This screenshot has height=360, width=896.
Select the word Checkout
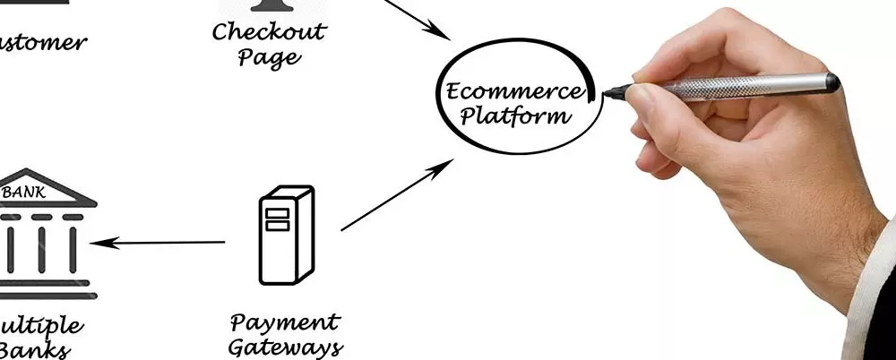(269, 32)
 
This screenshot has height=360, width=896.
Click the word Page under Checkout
(269, 59)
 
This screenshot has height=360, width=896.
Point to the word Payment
(285, 322)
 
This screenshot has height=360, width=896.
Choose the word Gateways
(285, 347)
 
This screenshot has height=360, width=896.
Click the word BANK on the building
(25, 191)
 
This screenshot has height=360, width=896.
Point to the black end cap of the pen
(832, 81)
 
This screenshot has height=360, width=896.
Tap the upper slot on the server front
(277, 213)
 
